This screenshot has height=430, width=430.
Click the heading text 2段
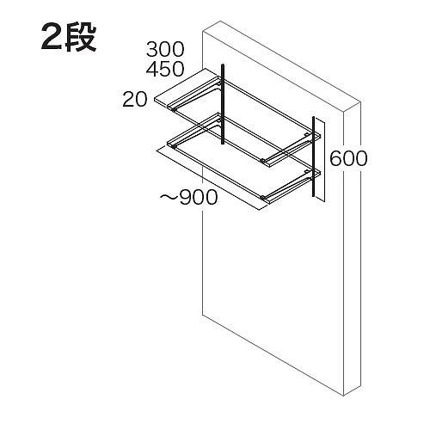(x=69, y=38)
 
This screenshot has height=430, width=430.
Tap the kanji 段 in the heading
(x=81, y=38)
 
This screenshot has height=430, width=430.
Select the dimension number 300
(x=165, y=49)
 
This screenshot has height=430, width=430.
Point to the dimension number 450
(x=165, y=69)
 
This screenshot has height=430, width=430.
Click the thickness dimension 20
(x=135, y=100)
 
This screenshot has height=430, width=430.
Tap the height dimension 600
(x=348, y=158)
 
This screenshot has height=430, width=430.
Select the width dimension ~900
(x=188, y=197)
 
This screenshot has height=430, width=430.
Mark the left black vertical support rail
(x=223, y=104)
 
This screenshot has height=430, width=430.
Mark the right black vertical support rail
(x=314, y=157)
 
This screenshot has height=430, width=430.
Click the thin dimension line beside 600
(x=324, y=161)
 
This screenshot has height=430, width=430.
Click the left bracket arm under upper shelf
(x=198, y=95)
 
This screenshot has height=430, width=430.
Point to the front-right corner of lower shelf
(x=270, y=202)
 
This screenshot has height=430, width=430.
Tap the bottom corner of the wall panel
(x=343, y=396)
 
